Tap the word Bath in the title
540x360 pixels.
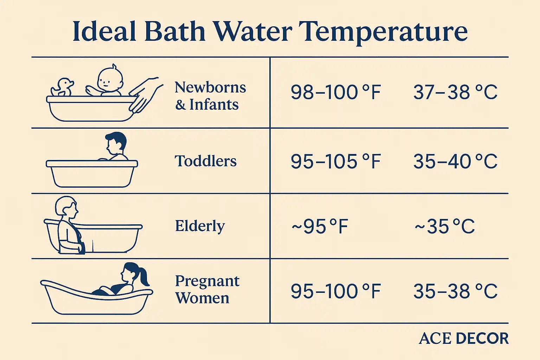[x=174, y=32]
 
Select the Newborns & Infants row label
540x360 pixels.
[x=210, y=96]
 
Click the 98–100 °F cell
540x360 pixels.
[x=336, y=92]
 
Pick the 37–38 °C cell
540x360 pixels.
[x=455, y=92]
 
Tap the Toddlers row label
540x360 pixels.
[x=206, y=161]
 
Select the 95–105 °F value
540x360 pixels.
[x=336, y=161]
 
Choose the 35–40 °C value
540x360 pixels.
[x=455, y=161]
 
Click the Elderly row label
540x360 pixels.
[x=200, y=226]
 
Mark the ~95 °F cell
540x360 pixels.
[x=320, y=226]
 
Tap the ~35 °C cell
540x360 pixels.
[x=445, y=226]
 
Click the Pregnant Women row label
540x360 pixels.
[x=207, y=289]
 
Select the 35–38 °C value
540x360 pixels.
[x=455, y=291]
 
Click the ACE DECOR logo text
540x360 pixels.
[x=464, y=338]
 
